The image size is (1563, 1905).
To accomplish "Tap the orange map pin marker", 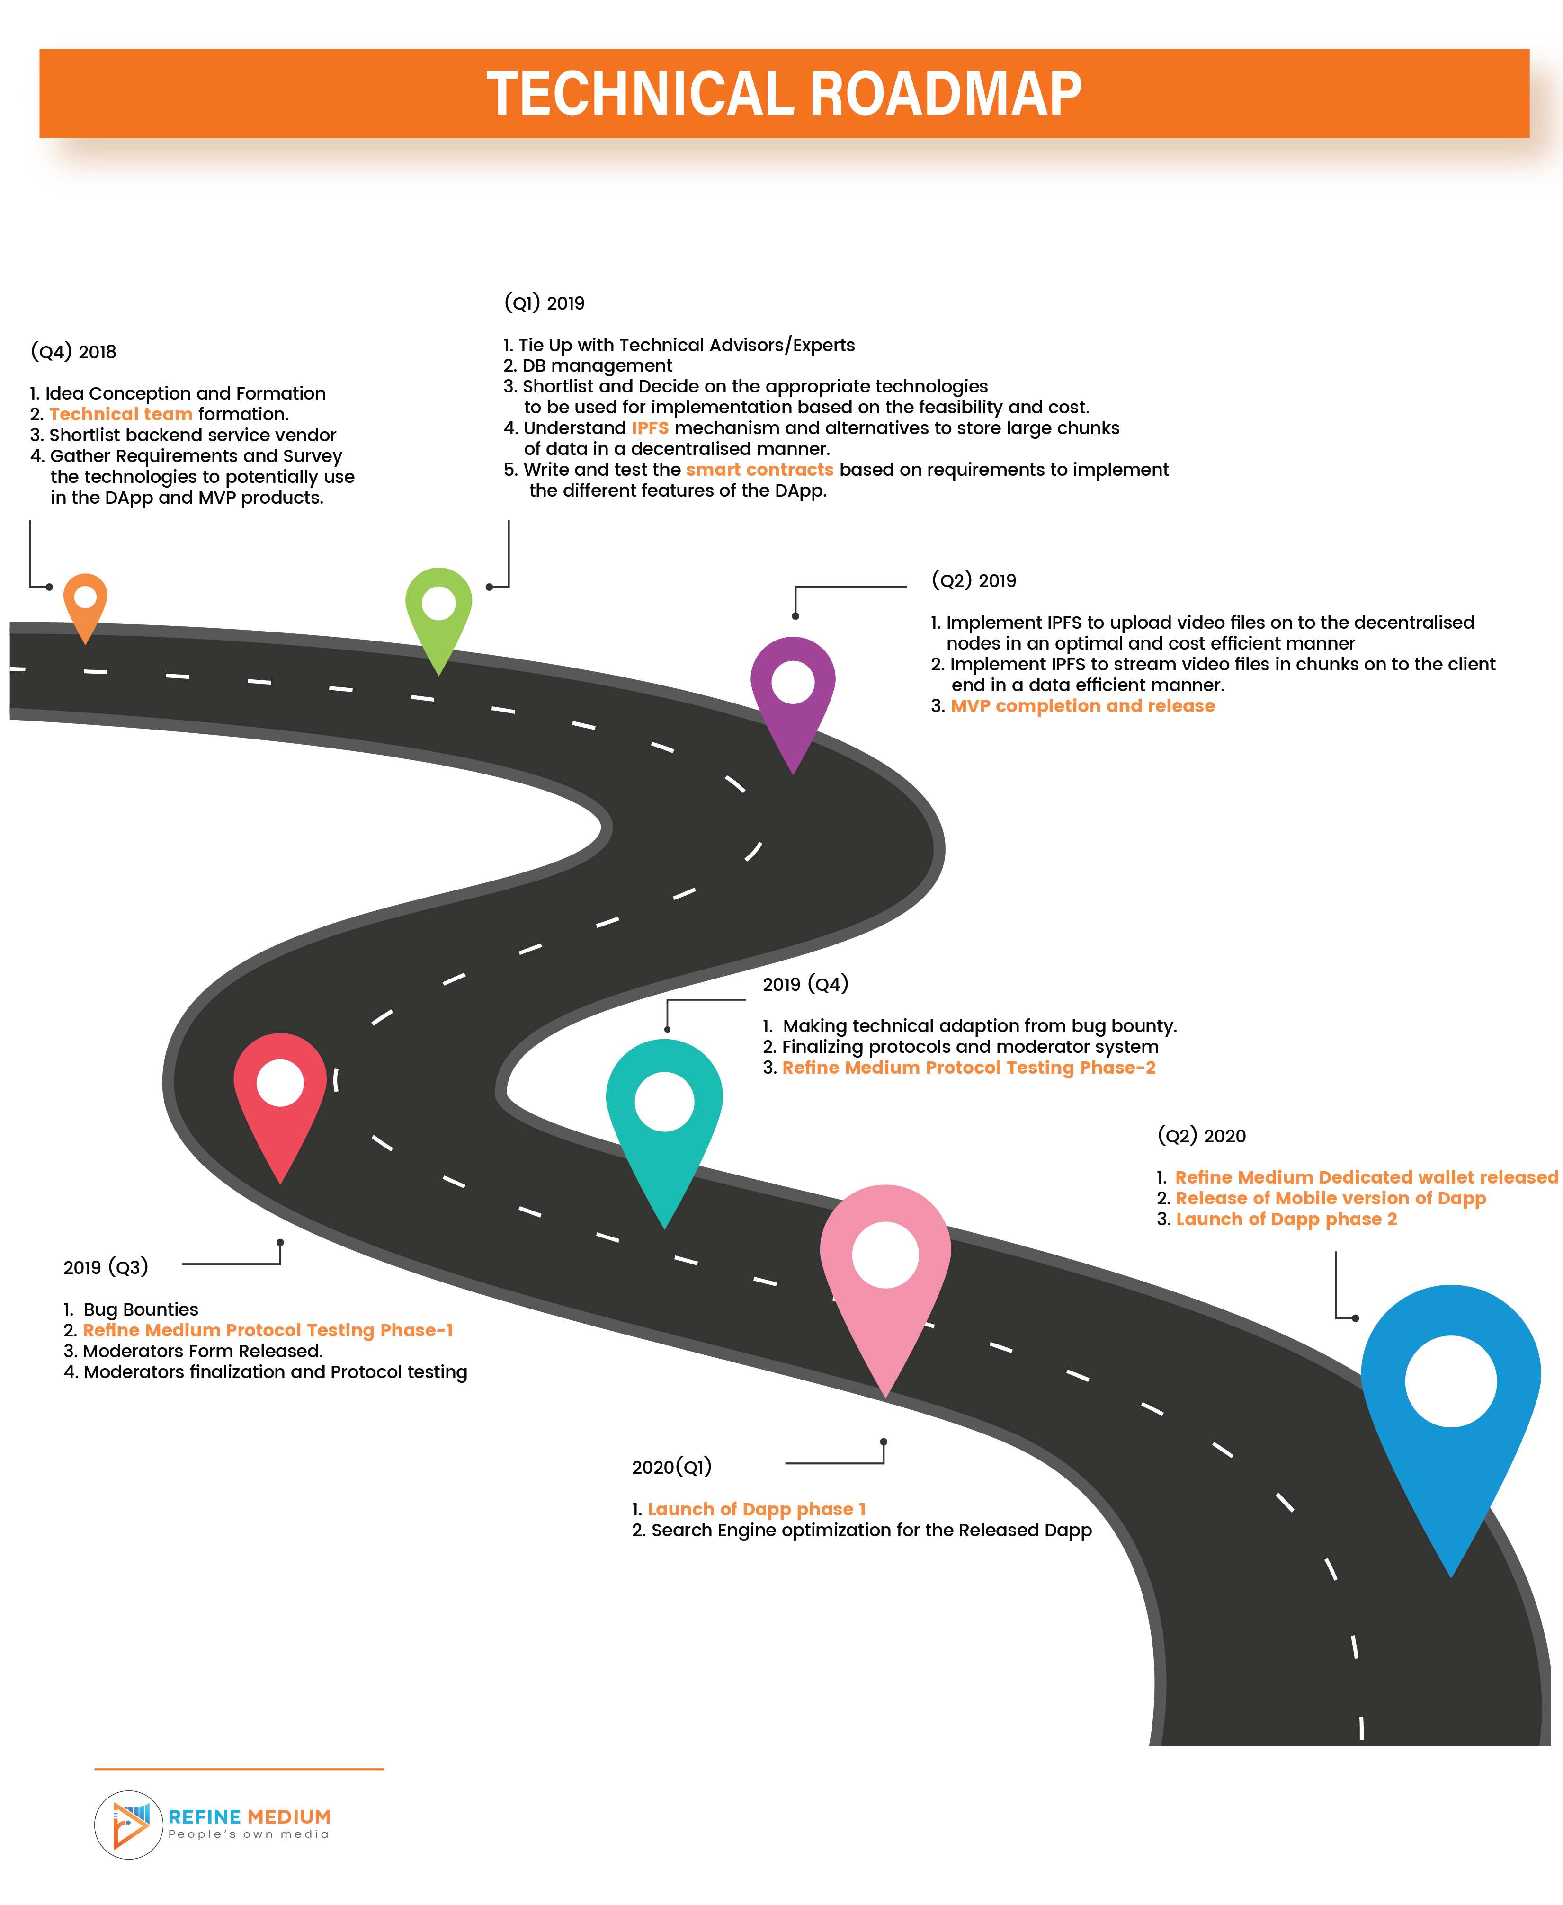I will coord(86,603).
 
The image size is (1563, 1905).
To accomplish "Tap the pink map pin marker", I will coord(885,1269).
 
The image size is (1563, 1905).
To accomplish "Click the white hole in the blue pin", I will coord(1450,1381).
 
